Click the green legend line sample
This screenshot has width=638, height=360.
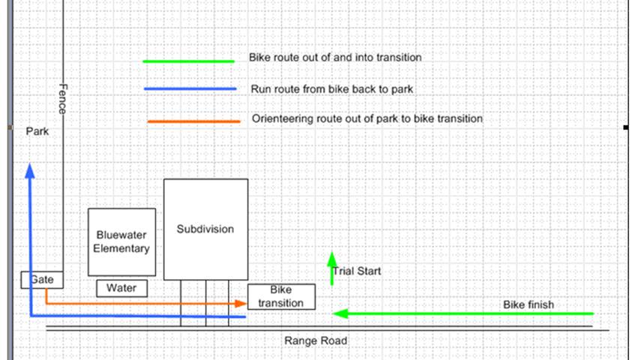[188, 61]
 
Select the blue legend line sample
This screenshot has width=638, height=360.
[190, 88]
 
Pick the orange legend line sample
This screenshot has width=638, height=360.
[193, 121]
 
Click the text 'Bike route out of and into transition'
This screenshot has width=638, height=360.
[335, 58]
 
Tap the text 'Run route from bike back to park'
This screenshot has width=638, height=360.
[331, 88]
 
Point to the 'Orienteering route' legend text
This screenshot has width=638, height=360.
[367, 118]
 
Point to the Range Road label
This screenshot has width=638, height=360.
[316, 340]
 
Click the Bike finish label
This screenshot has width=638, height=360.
[529, 304]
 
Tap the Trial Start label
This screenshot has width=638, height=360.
[357, 271]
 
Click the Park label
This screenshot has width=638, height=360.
[37, 131]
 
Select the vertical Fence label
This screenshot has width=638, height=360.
[63, 99]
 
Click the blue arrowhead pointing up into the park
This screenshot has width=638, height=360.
[30, 171]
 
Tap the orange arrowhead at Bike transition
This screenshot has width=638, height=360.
[241, 304]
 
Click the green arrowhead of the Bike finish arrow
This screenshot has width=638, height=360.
[340, 313]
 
